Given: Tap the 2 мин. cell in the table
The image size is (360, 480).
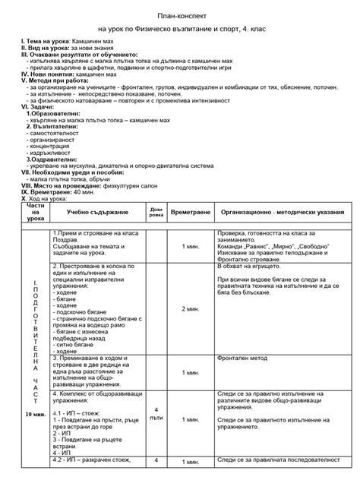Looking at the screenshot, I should [x=190, y=309].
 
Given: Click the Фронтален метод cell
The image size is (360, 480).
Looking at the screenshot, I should [x=242, y=358].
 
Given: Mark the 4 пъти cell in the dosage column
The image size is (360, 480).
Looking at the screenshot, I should [x=156, y=413].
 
